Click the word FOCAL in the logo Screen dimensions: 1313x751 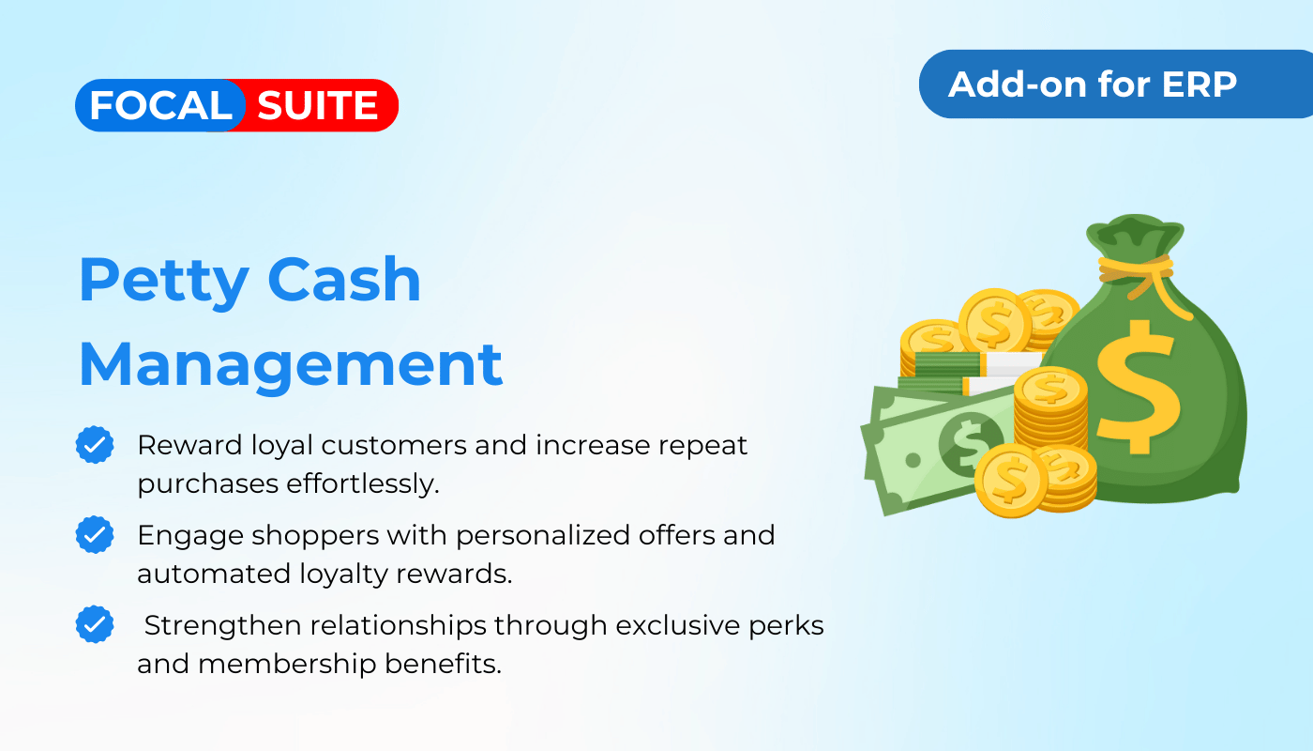point(160,105)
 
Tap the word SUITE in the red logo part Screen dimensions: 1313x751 point(317,105)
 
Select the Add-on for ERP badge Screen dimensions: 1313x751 point(1116,84)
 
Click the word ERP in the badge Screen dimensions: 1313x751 point(1199,84)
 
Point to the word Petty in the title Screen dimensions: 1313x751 point(164,283)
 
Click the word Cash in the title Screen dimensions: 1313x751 point(344,280)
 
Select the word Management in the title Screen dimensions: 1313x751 point(291,366)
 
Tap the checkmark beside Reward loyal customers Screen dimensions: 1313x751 point(95,445)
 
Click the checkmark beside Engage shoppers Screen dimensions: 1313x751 point(95,534)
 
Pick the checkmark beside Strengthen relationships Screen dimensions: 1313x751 point(95,624)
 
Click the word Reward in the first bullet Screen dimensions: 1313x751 point(189,445)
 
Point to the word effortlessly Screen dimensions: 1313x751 point(363,484)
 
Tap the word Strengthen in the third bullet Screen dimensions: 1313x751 point(223,625)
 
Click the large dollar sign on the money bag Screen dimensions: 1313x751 point(1138,387)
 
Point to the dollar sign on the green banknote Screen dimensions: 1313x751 point(967,443)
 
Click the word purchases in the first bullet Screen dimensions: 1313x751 point(208,485)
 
